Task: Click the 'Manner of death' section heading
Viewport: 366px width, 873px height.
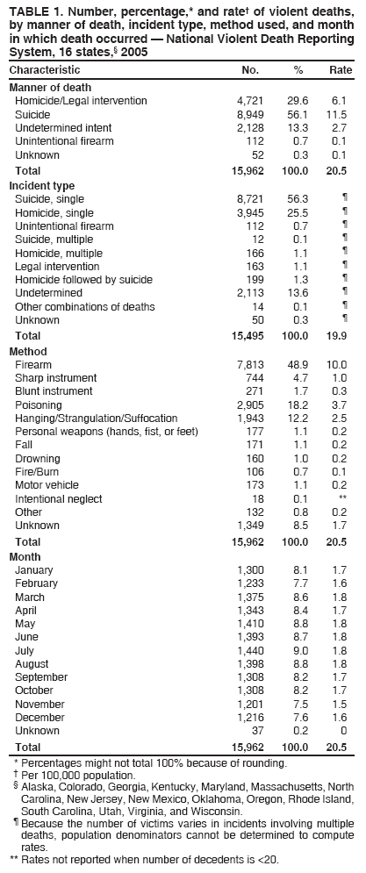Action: [49, 88]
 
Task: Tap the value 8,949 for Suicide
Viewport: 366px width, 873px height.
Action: [253, 114]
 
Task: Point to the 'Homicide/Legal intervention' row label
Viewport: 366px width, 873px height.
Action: [81, 101]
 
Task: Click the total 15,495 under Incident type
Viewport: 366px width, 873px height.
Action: [251, 336]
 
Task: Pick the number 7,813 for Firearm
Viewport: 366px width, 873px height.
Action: [253, 364]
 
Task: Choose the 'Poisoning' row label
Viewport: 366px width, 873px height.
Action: [39, 404]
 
